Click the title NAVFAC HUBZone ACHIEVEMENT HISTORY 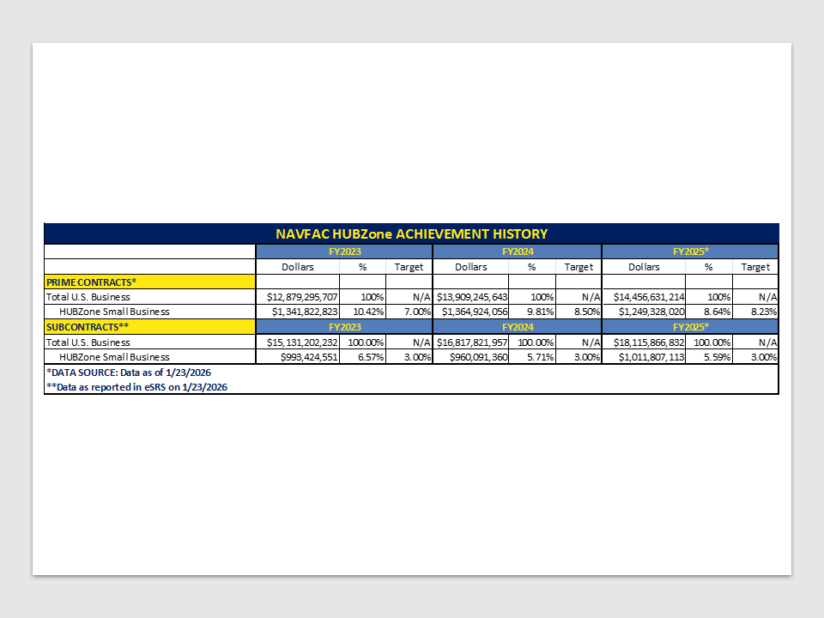point(411,233)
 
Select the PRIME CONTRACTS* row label point(91,282)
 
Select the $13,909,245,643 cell point(473,297)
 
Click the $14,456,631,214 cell point(645,297)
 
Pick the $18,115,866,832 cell point(645,342)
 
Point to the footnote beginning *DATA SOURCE point(128,373)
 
